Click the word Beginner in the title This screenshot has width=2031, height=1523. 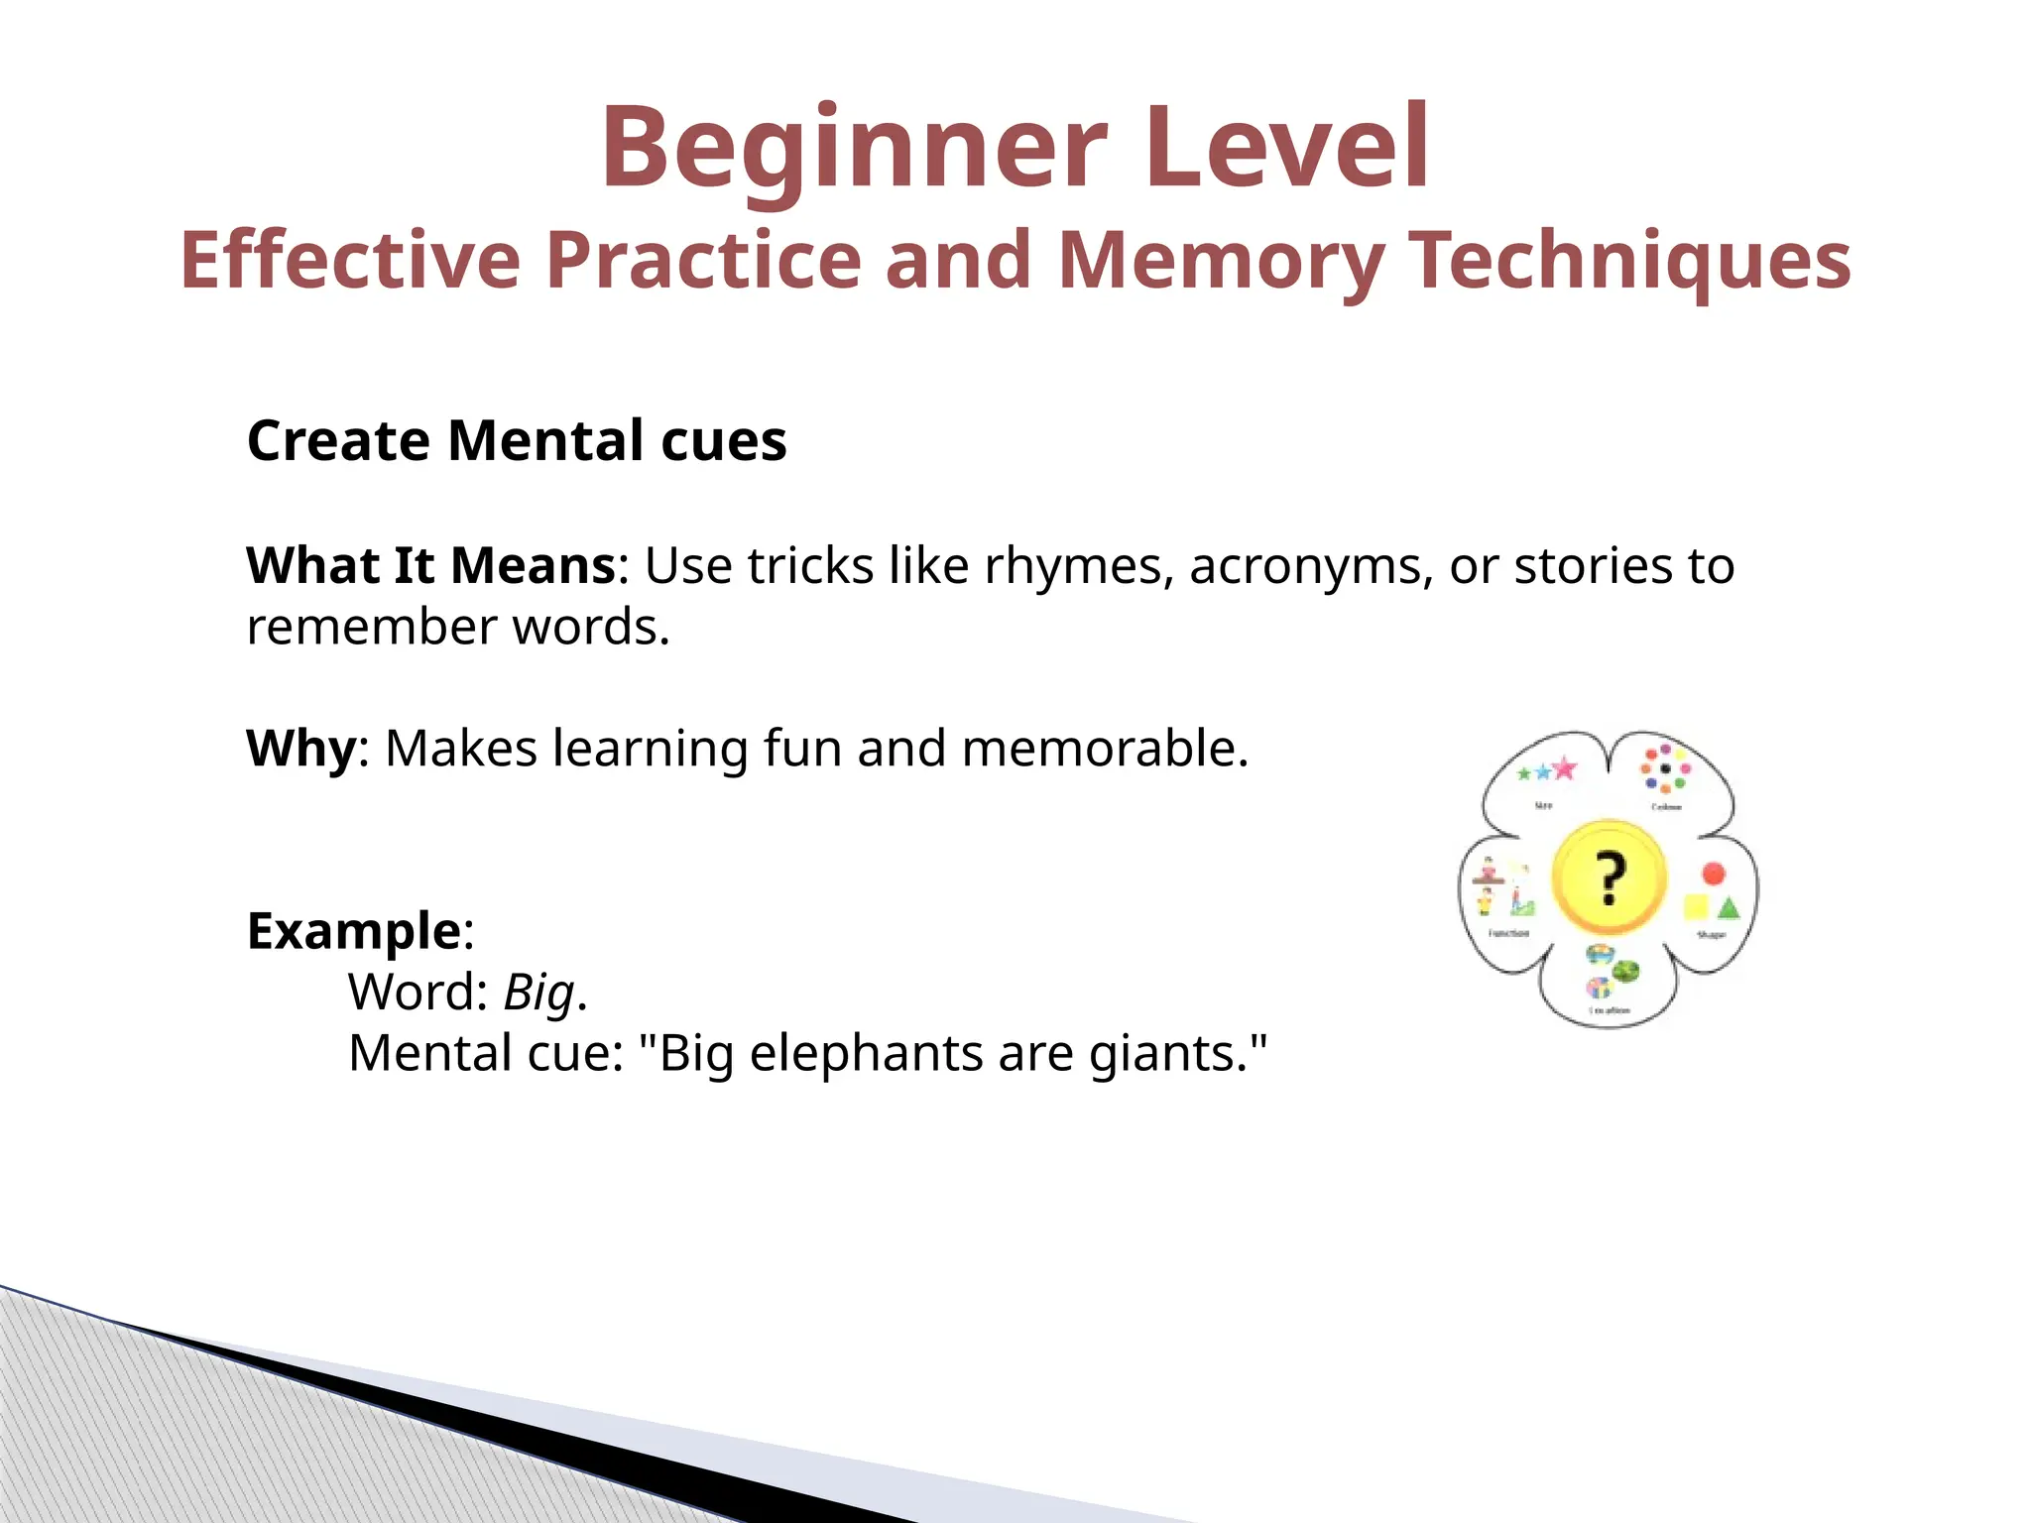click(853, 149)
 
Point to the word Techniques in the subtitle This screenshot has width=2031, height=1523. click(1630, 260)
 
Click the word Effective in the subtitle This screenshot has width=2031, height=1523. click(350, 260)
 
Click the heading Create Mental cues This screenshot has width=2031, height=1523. click(517, 440)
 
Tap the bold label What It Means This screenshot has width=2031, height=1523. click(431, 566)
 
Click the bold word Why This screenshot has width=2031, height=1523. click(300, 749)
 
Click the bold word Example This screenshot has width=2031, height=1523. click(354, 931)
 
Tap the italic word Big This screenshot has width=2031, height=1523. click(539, 993)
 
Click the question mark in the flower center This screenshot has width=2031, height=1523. click(1610, 879)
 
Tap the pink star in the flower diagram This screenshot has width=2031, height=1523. click(1564, 768)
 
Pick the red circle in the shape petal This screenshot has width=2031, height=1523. click(1714, 874)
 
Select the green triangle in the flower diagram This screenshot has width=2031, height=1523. click(1729, 907)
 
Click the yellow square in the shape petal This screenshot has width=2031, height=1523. click(1696, 906)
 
